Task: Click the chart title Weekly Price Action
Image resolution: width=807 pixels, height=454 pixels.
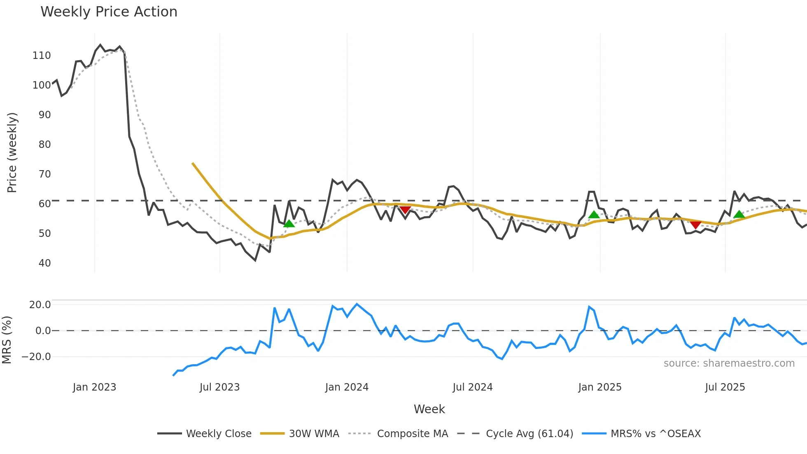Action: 109,12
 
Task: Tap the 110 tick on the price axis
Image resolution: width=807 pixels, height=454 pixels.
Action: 42,56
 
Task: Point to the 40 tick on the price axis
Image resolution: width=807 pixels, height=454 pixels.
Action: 44,263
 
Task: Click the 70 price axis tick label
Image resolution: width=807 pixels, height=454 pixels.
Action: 44,174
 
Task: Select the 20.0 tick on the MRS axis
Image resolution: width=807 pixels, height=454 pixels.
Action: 40,305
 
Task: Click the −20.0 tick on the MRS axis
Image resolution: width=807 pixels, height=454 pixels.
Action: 37,357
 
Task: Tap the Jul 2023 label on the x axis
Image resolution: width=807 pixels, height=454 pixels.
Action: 219,387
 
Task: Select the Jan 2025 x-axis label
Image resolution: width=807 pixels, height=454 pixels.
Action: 599,387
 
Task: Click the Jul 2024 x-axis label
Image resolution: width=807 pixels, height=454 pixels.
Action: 472,387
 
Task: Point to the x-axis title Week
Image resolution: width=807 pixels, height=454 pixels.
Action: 429,409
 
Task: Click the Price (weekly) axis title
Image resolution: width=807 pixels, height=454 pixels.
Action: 12,152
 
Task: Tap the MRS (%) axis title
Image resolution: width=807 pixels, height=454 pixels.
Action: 7,340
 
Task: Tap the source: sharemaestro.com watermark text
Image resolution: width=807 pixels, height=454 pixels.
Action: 729,363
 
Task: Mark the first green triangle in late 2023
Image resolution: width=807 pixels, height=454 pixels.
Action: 289,224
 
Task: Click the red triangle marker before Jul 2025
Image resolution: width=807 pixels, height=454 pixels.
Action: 695,225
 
